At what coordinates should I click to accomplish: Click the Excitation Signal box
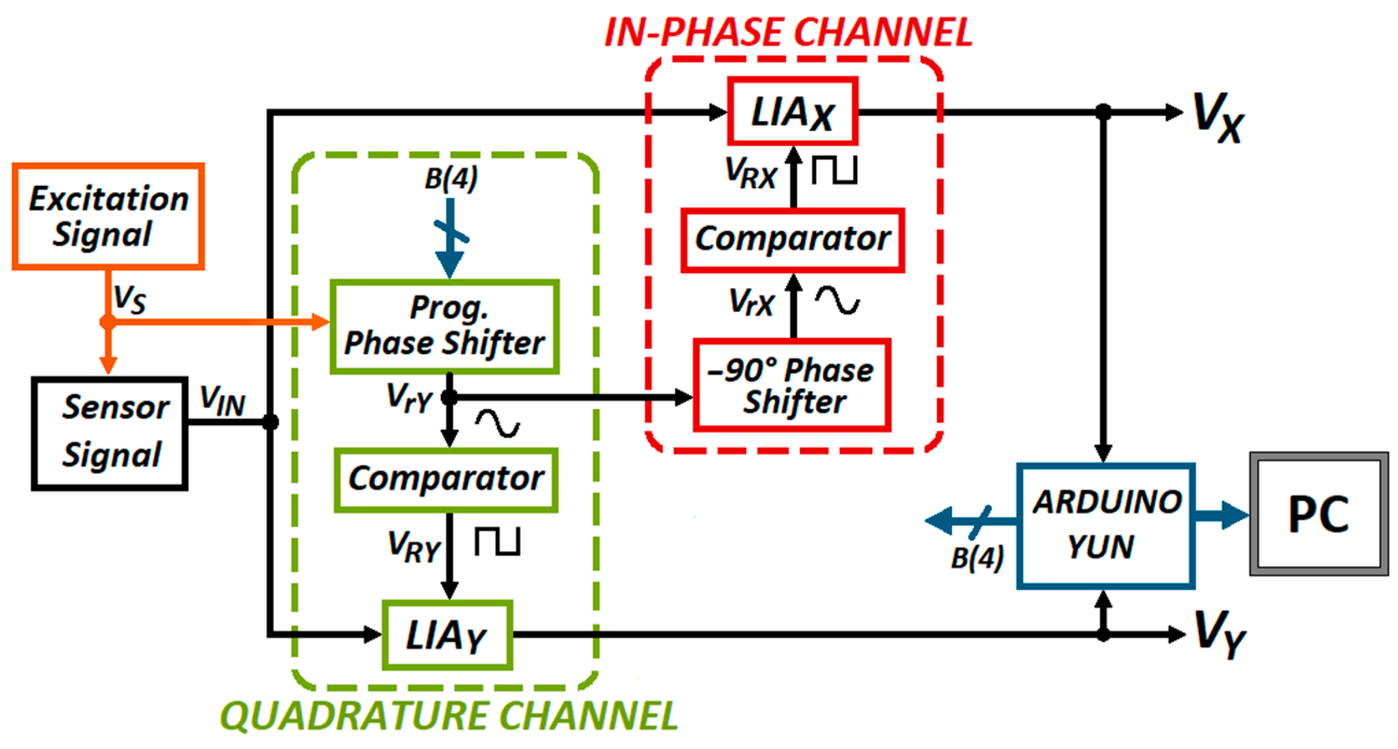(108, 216)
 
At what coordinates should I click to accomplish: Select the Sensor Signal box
(109, 433)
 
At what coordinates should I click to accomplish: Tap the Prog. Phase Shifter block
(444, 327)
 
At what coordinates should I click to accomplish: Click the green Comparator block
(445, 480)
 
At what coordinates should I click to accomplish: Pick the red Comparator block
(793, 239)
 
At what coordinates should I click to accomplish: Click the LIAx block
(793, 112)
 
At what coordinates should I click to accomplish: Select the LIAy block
(447, 635)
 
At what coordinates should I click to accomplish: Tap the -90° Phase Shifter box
(792, 385)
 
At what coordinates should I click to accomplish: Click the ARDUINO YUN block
(1105, 525)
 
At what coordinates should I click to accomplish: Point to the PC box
(1319, 514)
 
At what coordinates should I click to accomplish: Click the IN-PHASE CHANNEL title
(788, 32)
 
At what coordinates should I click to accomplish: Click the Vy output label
(1220, 633)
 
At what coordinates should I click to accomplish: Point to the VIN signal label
(222, 400)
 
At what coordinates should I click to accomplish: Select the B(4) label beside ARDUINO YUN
(977, 558)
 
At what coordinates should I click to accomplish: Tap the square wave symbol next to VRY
(498, 542)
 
